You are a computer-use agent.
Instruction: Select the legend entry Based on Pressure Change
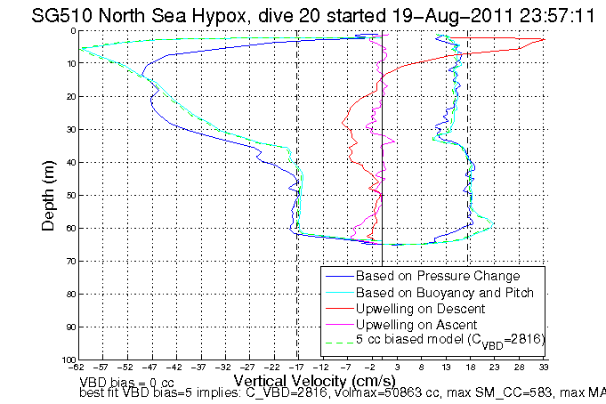point(437,277)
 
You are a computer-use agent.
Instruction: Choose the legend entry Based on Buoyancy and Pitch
point(444,293)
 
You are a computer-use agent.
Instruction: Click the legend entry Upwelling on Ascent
point(416,325)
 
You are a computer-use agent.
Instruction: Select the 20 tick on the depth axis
point(69,96)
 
